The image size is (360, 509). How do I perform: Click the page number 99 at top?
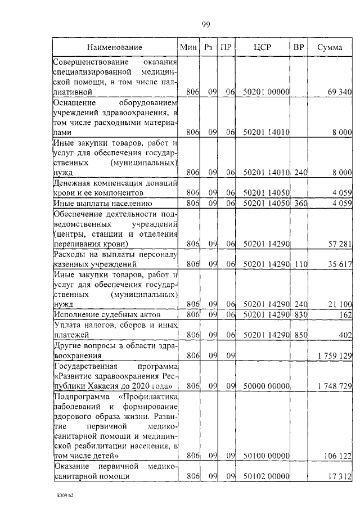click(x=206, y=24)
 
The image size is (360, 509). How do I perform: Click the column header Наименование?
click(x=115, y=47)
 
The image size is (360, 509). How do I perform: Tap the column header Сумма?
click(x=330, y=47)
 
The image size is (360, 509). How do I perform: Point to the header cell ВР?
click(x=299, y=47)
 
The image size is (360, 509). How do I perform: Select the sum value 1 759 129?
click(x=331, y=356)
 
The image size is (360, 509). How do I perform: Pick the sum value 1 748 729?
click(x=331, y=386)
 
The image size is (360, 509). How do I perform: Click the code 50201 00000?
click(x=266, y=91)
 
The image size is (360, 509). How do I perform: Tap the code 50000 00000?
click(x=266, y=386)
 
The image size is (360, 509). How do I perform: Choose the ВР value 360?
click(x=301, y=202)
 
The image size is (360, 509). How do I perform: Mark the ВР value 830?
click(x=301, y=314)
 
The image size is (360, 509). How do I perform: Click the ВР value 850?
click(x=301, y=335)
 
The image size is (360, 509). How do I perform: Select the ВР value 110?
click(x=301, y=263)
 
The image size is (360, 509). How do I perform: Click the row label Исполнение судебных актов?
click(x=107, y=314)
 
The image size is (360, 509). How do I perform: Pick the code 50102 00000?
click(x=266, y=476)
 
